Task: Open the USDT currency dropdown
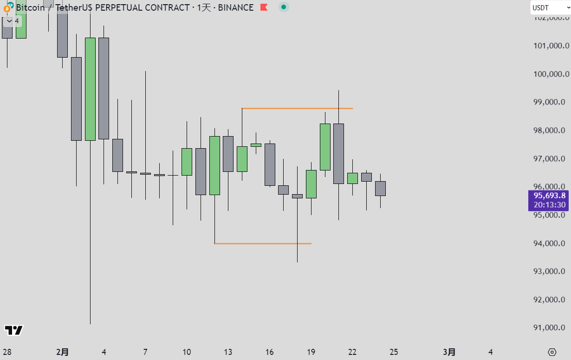pos(550,8)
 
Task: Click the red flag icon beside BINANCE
pos(264,7)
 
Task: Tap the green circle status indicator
pos(283,7)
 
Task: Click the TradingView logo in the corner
pos(14,330)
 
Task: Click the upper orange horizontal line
pos(297,108)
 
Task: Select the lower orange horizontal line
pos(262,243)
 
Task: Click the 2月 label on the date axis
pos(62,352)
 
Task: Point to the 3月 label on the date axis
pos(449,352)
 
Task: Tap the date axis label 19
pos(311,352)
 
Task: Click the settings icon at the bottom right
pos(552,352)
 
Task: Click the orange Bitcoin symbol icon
pos(6,8)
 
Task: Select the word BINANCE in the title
pos(236,8)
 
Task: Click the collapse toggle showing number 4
pos(12,21)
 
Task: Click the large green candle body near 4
pos(90,88)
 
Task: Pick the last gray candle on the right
pos(380,188)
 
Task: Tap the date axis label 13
pos(228,352)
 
